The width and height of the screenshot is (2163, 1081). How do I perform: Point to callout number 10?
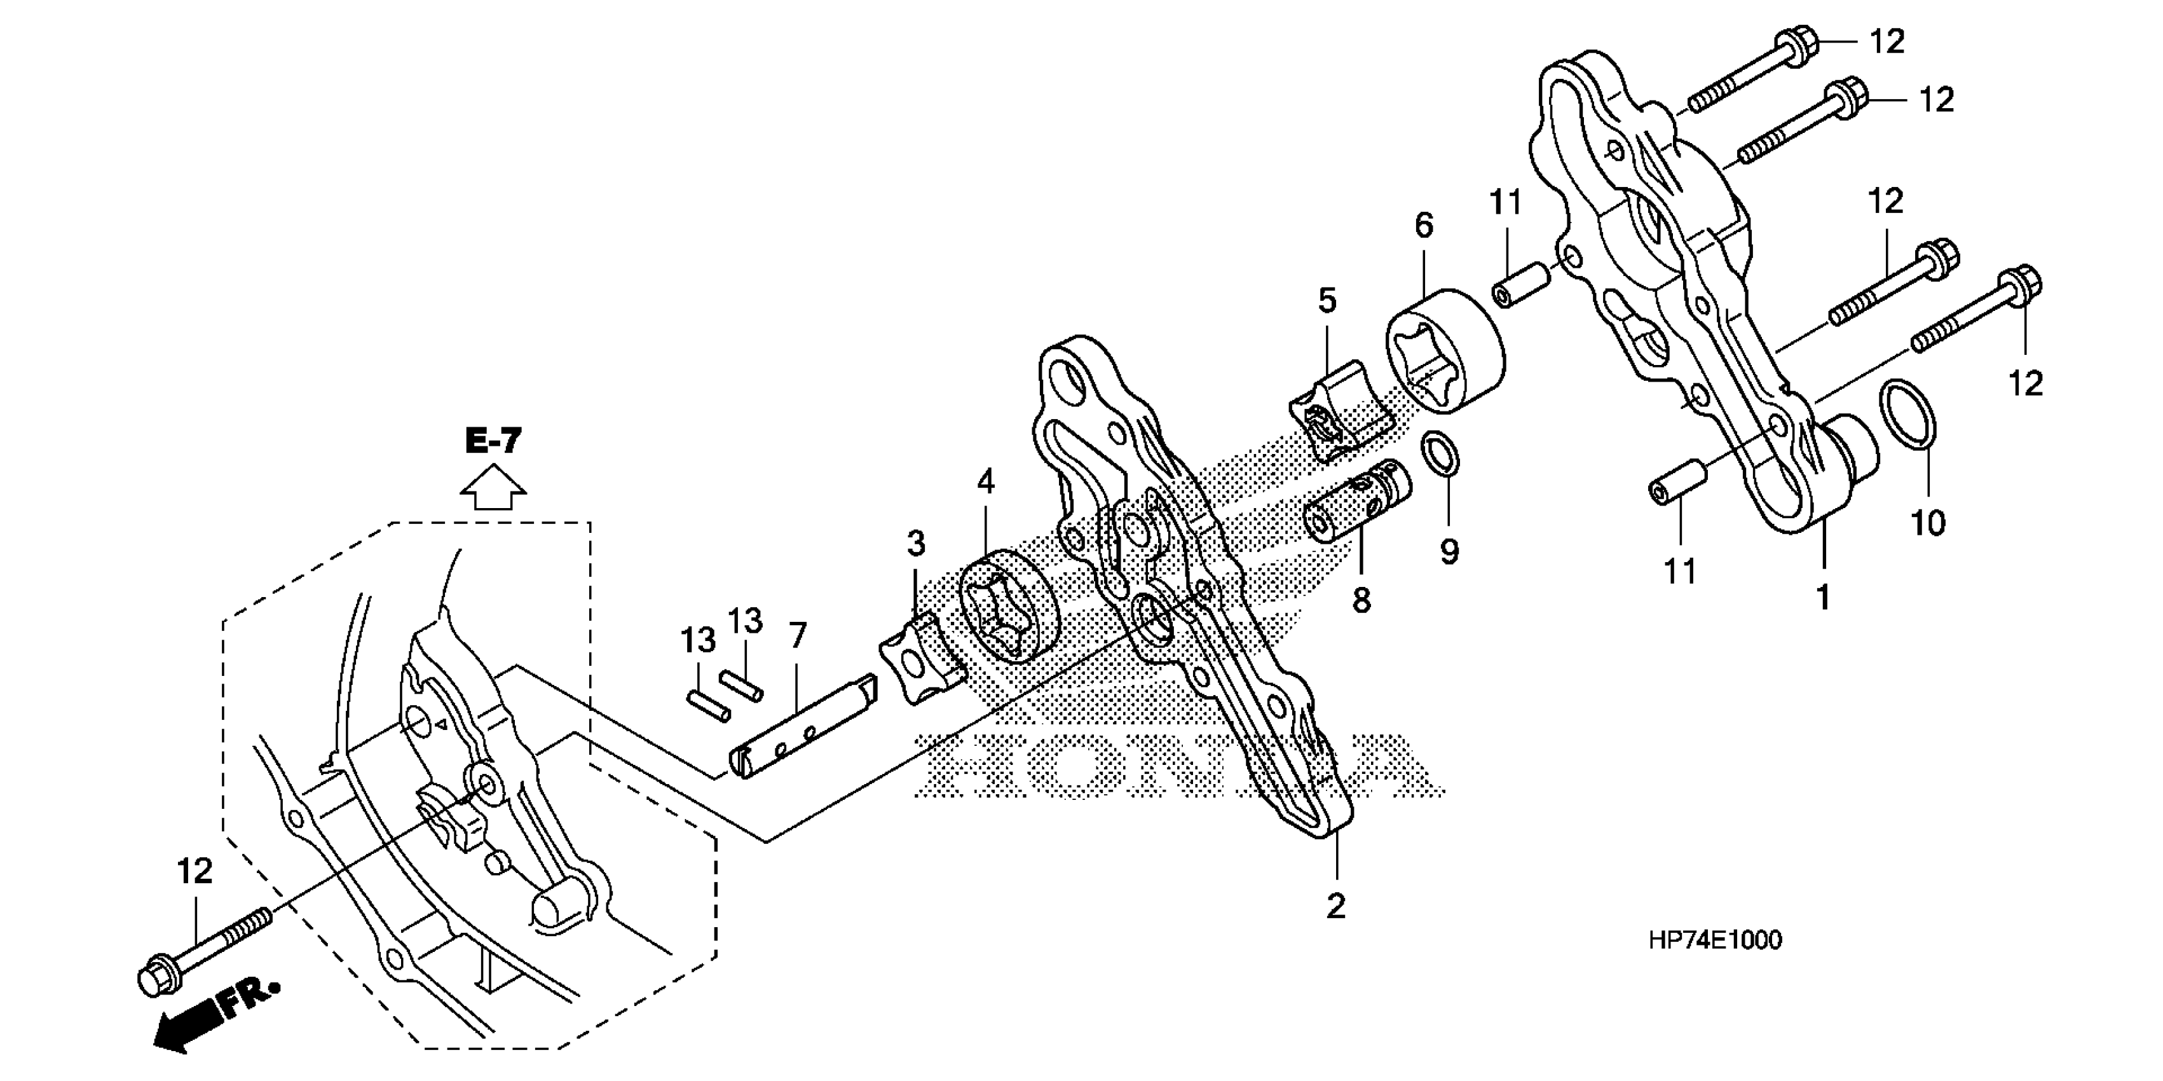coord(1928,523)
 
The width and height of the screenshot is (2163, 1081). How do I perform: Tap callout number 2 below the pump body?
coord(1335,906)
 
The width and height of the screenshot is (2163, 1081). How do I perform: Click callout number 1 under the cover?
coord(1822,597)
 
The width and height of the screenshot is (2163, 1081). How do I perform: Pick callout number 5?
coord(1327,300)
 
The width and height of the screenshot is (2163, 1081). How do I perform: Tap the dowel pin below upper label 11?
coord(1520,286)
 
